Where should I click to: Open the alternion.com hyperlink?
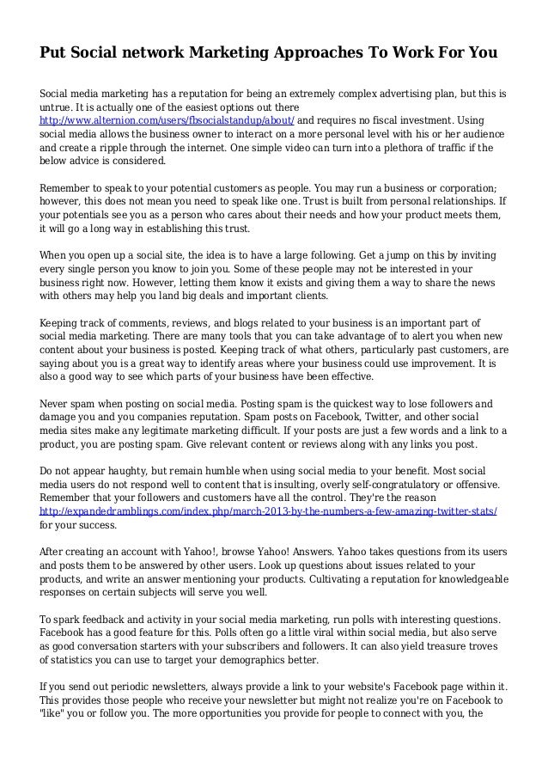(x=167, y=119)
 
